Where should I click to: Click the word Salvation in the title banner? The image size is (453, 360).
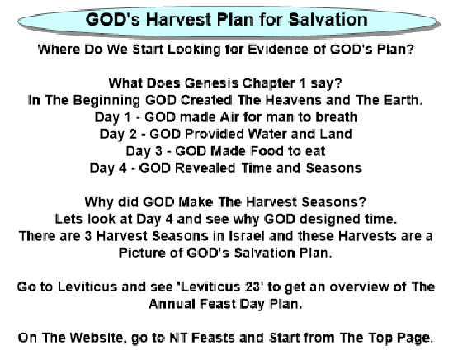click(328, 20)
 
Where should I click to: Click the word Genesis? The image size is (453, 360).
click(212, 83)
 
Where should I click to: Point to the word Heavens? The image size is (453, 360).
click(293, 101)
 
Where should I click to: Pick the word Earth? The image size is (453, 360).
click(403, 101)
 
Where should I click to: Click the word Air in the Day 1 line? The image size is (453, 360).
click(229, 117)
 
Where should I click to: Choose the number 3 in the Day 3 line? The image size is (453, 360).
click(158, 151)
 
